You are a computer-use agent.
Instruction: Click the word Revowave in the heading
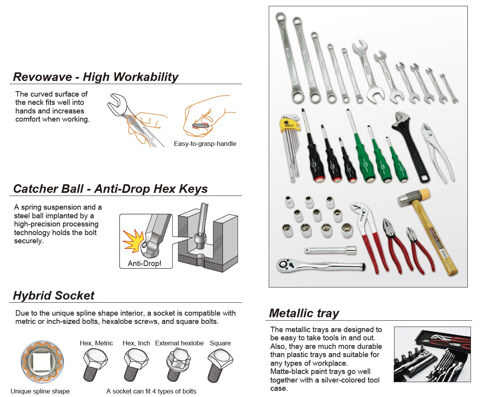42,77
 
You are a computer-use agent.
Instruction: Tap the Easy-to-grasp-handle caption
205,144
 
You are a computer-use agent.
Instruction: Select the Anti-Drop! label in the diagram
144,263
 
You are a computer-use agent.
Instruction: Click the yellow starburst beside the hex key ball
134,241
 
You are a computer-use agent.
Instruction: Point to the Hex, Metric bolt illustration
95,365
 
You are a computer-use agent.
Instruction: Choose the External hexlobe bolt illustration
178,365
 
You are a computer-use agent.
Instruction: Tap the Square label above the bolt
220,343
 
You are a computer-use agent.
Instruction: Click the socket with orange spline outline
42,361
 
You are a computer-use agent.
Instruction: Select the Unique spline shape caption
40,391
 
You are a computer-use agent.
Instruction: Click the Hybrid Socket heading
54,295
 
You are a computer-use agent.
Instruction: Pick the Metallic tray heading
304,313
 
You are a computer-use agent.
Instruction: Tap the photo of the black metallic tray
432,354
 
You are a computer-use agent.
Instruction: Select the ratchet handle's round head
284,265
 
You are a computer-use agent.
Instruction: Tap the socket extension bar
330,251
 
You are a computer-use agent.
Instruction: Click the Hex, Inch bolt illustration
136,365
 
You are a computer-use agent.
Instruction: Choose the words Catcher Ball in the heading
48,189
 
